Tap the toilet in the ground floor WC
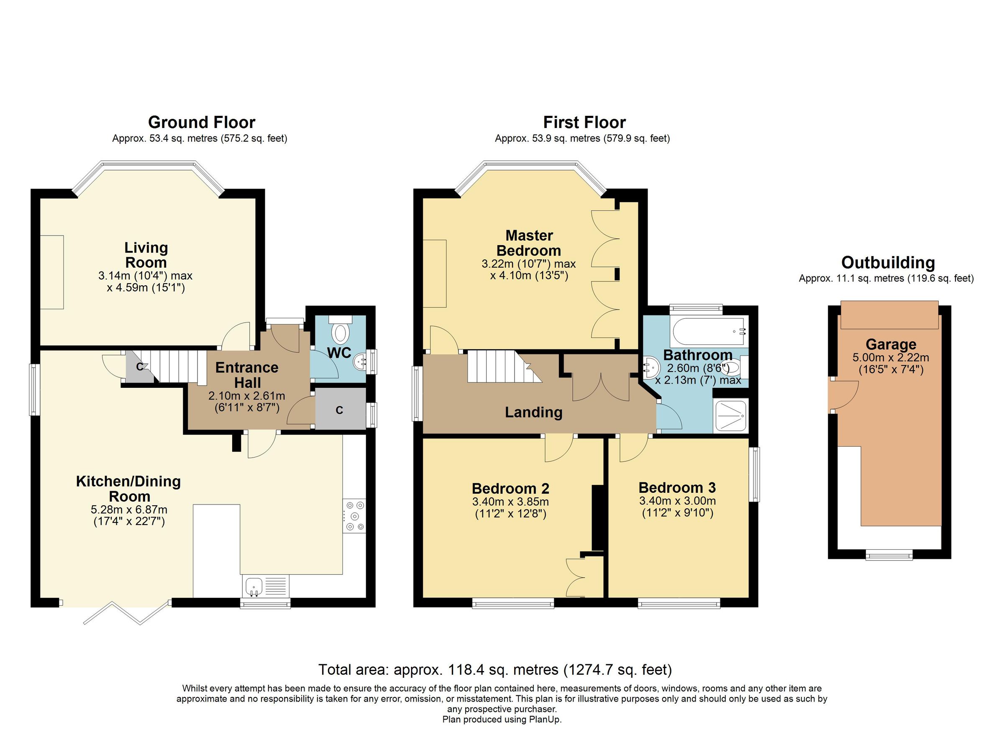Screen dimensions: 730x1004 tap(340, 333)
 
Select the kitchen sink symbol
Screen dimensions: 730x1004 tap(254, 587)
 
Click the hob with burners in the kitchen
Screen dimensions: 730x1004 tap(354, 516)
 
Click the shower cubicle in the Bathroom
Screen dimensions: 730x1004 tap(730, 416)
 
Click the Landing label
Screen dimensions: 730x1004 tap(533, 412)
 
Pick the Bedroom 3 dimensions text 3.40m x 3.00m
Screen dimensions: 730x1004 tap(677, 501)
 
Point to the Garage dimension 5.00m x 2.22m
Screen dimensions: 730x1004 tap(891, 358)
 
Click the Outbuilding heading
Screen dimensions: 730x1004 tap(888, 263)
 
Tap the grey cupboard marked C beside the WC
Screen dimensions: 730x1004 tap(340, 410)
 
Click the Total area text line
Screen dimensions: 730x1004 tap(495, 670)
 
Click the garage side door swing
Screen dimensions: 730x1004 tap(843, 394)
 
